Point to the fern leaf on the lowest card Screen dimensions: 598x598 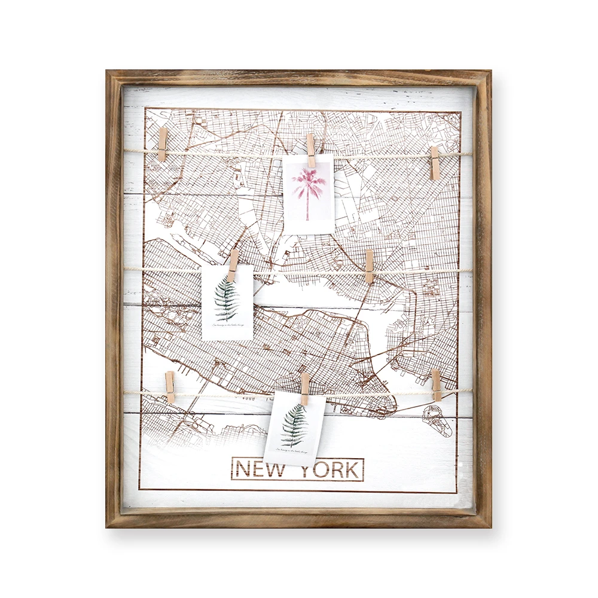[x=294, y=425]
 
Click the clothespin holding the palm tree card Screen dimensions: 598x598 [x=310, y=151]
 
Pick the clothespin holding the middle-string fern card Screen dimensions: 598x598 [x=233, y=266]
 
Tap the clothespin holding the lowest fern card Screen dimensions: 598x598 [x=305, y=389]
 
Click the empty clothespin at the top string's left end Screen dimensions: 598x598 [x=163, y=144]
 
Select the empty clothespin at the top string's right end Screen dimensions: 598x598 [x=434, y=163]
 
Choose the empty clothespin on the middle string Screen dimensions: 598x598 [x=369, y=266]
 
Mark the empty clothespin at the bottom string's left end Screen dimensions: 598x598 [x=170, y=387]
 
